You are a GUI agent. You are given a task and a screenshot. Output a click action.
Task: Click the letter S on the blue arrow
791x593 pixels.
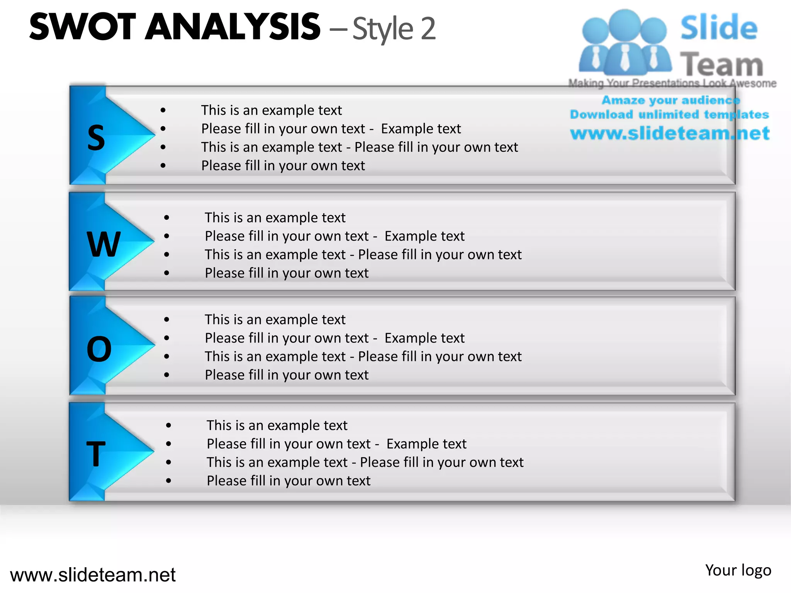(x=96, y=138)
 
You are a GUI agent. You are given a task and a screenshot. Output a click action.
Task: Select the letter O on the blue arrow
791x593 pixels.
(x=99, y=349)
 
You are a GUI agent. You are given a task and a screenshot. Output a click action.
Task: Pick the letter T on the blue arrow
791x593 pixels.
(x=96, y=454)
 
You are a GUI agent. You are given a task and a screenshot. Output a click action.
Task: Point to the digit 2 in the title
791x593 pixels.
(x=428, y=29)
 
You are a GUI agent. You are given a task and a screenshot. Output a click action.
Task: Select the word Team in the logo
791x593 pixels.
(x=721, y=64)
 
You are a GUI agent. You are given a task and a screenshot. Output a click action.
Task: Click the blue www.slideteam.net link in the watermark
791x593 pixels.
(x=670, y=133)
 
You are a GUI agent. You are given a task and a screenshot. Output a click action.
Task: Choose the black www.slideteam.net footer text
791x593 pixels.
(x=93, y=574)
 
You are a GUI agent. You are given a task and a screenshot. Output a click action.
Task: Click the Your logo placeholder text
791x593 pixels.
(x=738, y=570)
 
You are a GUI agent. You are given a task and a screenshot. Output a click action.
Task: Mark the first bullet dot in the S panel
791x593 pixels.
(x=163, y=110)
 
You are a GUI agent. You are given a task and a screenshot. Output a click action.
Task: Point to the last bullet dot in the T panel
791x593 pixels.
(x=169, y=481)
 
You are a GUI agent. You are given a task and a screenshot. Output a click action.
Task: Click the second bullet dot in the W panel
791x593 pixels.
(x=166, y=236)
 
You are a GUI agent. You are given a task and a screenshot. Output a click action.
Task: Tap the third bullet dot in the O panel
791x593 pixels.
(x=166, y=356)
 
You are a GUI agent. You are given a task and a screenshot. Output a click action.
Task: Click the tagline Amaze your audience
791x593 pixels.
(x=671, y=100)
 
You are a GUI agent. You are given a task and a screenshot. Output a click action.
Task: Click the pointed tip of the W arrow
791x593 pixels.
(x=153, y=241)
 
